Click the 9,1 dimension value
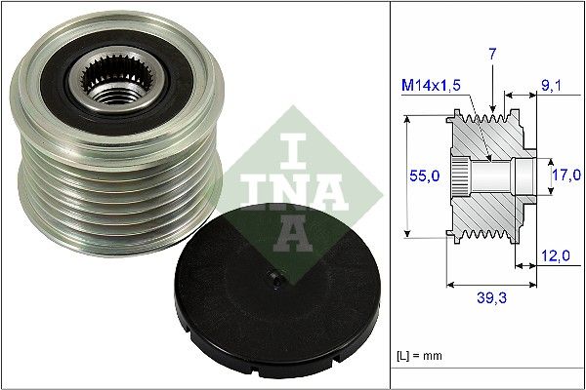[553, 86]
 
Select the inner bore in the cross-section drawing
[498, 176]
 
